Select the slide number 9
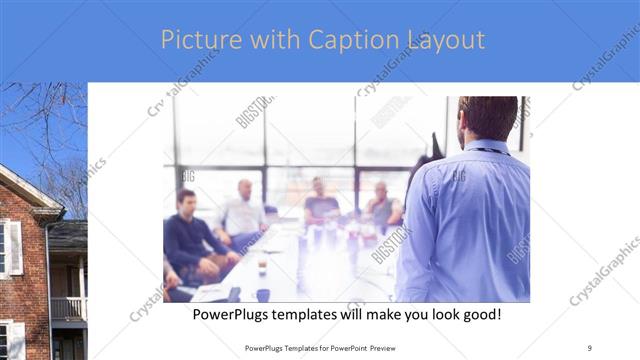tap(590, 348)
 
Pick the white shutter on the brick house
tap(15, 248)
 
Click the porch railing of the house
tap(68, 308)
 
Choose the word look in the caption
tap(433, 315)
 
